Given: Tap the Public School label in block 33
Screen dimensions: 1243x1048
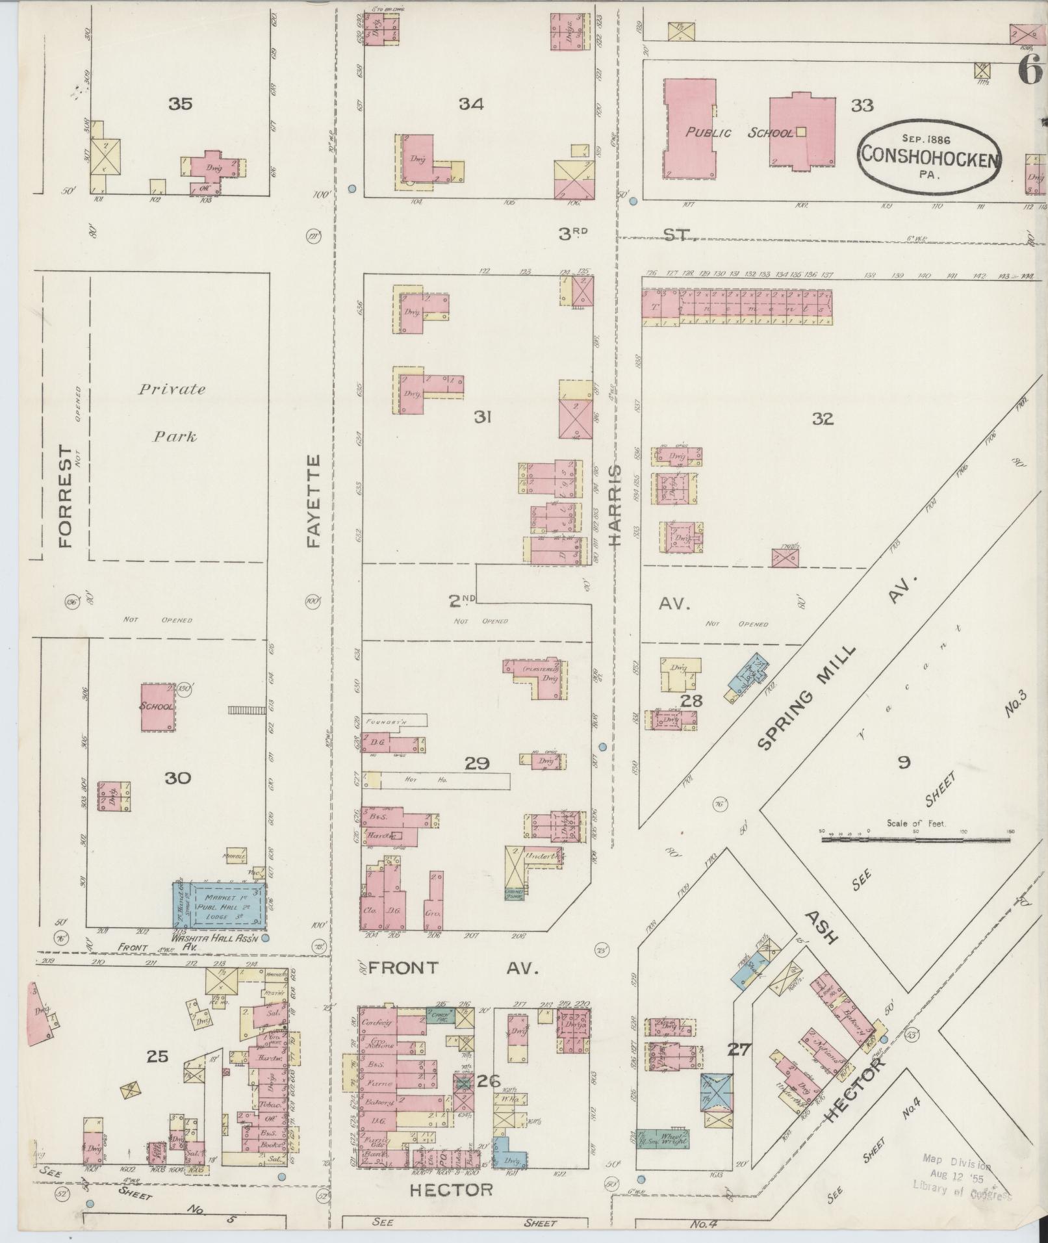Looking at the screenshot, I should (x=739, y=133).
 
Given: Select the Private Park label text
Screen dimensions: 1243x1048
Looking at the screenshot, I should (x=172, y=412).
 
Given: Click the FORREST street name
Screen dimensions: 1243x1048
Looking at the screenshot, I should (x=66, y=496).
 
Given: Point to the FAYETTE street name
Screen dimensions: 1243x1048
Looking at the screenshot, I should (x=314, y=500).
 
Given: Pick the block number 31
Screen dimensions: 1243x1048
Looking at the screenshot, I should (x=481, y=418).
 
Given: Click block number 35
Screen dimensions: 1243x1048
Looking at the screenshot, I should (x=180, y=104).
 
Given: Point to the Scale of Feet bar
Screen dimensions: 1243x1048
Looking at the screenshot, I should (x=915, y=839).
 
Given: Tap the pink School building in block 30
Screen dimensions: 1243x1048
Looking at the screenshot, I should (x=158, y=706).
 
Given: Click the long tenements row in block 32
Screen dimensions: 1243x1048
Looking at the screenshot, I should (x=737, y=307).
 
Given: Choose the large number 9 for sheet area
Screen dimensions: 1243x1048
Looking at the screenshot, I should (x=904, y=763).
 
